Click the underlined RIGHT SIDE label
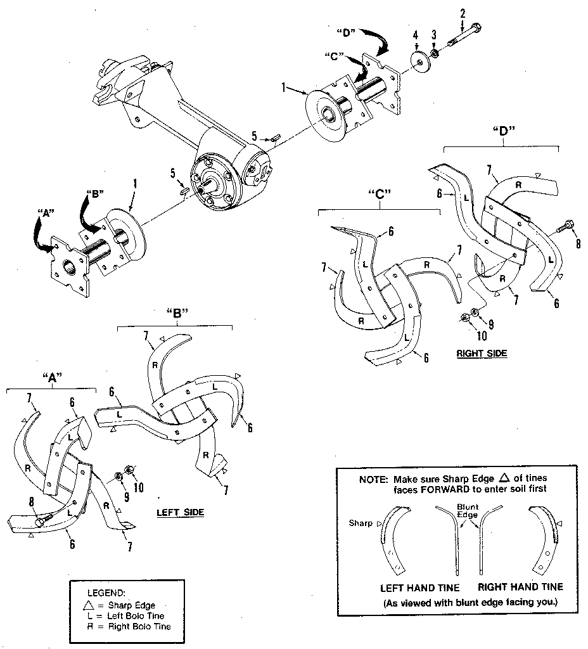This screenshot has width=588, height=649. (482, 353)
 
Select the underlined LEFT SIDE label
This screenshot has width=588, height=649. (181, 512)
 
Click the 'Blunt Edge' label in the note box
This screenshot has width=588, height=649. (468, 511)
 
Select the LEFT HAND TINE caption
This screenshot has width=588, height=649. (419, 587)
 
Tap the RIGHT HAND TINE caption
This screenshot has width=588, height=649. (520, 587)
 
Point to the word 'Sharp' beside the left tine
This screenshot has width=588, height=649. (360, 524)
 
